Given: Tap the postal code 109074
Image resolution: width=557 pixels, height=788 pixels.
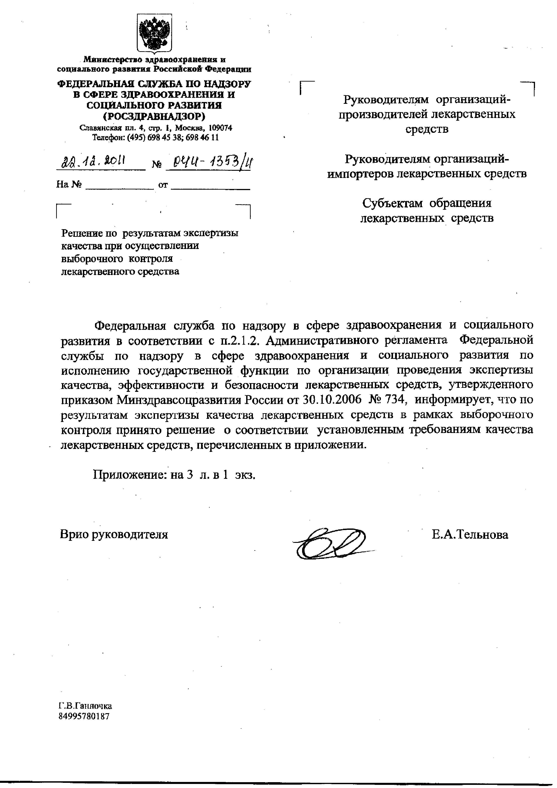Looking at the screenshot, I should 220,128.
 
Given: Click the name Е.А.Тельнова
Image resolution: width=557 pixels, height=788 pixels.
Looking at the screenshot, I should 470,534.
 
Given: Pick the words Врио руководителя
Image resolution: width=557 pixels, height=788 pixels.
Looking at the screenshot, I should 114,534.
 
